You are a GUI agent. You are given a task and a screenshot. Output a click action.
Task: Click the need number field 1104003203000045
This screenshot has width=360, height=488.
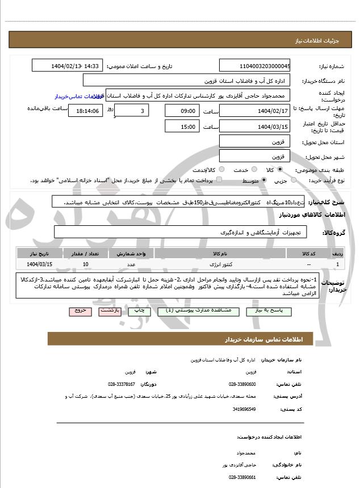coord(254,66)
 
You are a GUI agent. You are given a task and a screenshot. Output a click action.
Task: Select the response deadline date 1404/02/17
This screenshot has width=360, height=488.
coord(254,111)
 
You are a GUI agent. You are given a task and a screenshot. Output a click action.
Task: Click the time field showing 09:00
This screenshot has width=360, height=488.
coord(183,111)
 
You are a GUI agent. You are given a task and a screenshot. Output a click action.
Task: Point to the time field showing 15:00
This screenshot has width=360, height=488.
coord(183,127)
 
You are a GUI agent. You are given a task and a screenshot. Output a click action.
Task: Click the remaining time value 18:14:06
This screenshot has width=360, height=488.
coord(85,111)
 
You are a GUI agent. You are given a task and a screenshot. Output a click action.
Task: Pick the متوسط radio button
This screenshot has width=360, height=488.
coord(264,180)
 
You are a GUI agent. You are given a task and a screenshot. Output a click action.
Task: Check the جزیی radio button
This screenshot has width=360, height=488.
coord(294,180)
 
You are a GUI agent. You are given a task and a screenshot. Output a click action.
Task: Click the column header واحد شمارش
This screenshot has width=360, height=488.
coord(131,253)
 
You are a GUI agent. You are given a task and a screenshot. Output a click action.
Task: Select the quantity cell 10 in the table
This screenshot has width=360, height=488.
coord(85,264)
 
